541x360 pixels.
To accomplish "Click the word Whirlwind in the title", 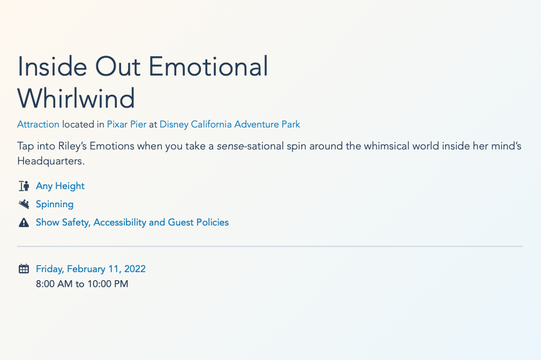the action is pos(76,99).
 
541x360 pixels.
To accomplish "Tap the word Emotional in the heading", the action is pos(208,66).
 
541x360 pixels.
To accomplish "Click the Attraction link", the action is pos(38,124).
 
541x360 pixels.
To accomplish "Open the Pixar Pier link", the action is pos(126,124).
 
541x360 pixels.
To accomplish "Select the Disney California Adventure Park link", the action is pos(230,124).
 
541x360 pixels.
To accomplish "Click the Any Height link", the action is pos(60,186).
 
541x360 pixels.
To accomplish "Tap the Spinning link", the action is pos(55,204).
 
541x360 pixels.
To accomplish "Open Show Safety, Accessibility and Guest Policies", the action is pos(132,222).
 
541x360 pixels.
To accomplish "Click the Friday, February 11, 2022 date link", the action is pos(91,269).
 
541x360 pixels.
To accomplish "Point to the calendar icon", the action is pos(24,268).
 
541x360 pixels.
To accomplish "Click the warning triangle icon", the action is pos(24,223).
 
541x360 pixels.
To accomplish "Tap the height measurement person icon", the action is pos(24,186).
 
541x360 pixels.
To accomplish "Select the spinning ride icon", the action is pos(24,204).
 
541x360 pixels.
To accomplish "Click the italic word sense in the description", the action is pos(230,146).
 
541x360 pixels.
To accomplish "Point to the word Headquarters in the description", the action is pos(51,161).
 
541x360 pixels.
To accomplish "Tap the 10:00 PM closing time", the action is pos(108,284).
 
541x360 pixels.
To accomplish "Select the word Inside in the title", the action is pos(52,66).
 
